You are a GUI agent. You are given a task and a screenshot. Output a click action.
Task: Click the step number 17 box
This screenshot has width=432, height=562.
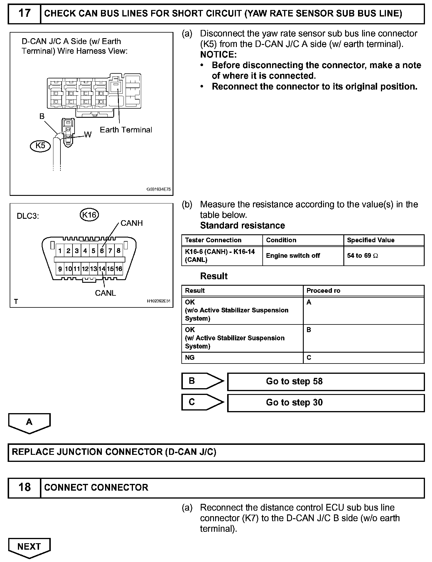[24, 14]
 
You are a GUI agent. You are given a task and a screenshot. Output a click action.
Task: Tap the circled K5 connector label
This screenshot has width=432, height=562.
[41, 146]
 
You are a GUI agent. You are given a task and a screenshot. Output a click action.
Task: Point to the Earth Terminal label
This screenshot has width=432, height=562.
[126, 130]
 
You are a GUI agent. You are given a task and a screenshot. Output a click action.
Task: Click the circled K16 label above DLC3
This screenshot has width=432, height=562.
[89, 215]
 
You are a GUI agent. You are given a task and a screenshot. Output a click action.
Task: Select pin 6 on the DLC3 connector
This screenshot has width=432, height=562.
[102, 251]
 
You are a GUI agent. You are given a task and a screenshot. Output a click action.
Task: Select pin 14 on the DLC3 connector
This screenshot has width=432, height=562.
[102, 269]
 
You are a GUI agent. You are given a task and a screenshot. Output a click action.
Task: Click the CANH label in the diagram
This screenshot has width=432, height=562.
[131, 223]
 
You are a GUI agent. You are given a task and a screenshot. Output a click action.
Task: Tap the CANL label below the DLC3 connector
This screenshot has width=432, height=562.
[105, 293]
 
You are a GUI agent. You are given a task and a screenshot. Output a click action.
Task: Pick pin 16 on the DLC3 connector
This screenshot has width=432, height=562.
[119, 269]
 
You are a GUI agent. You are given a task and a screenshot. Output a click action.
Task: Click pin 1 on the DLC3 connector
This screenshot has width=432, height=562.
[60, 251]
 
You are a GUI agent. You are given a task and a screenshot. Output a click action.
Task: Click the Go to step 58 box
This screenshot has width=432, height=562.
[326, 381]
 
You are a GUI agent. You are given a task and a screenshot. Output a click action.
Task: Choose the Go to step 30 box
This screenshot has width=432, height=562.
[326, 403]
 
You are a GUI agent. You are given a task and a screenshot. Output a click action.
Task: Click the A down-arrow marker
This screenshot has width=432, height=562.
[29, 423]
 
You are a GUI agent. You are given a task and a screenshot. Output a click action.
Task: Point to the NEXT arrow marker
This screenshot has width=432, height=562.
[29, 547]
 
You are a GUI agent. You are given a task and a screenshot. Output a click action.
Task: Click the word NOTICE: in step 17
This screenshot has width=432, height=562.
[218, 55]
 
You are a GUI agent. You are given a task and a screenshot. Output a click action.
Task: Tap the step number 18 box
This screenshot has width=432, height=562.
[24, 487]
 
